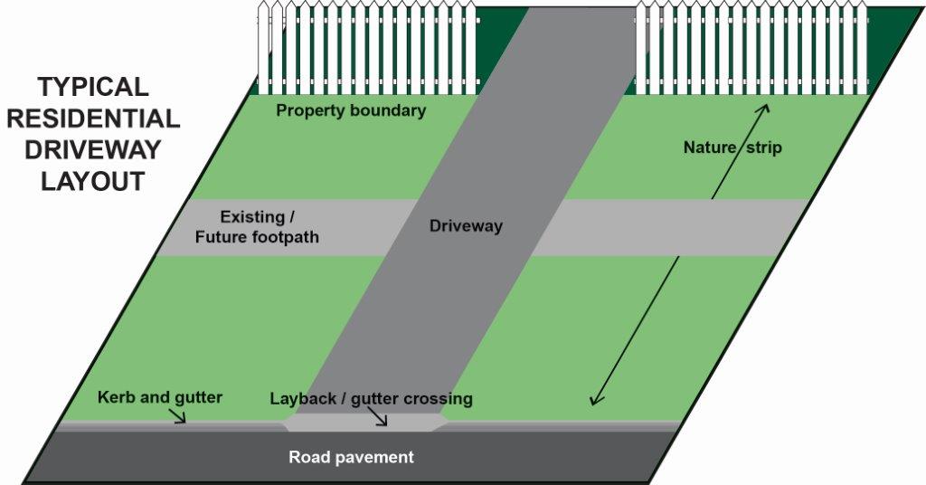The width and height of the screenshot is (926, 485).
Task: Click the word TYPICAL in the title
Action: (92, 88)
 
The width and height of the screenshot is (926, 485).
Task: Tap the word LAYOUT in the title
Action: (92, 181)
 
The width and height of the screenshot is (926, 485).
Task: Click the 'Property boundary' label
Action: (351, 110)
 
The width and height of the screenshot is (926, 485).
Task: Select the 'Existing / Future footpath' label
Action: (258, 227)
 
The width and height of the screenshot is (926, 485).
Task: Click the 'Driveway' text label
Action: (465, 226)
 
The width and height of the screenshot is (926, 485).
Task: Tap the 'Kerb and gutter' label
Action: (159, 397)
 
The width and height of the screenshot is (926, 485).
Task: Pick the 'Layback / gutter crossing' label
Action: (371, 399)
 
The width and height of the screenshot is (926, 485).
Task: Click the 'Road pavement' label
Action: (351, 457)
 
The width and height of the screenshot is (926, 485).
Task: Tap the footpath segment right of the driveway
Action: (669, 227)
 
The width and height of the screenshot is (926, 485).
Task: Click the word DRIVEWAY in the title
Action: (92, 149)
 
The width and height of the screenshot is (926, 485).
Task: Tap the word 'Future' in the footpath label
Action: (231, 237)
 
